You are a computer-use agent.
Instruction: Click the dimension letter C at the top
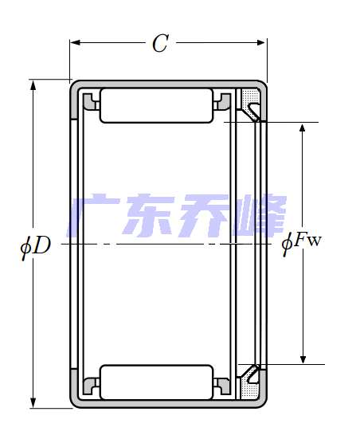pyautogui.click(x=160, y=45)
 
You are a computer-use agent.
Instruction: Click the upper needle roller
pyautogui.click(x=156, y=106)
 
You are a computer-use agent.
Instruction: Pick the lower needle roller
pyautogui.click(x=156, y=382)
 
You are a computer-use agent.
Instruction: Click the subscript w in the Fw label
pyautogui.click(x=315, y=241)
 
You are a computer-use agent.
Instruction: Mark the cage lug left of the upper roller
pyautogui.click(x=90, y=101)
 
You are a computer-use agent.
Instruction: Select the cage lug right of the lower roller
pyautogui.click(x=224, y=387)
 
